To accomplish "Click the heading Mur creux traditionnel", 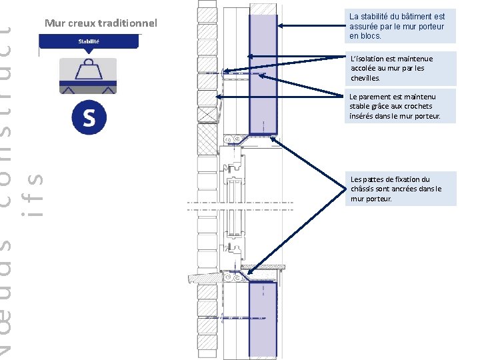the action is [101, 23].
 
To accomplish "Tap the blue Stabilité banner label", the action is [89, 41].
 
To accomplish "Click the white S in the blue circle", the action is [89, 118].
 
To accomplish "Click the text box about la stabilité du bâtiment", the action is [397, 26].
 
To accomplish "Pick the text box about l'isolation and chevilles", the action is [401, 68].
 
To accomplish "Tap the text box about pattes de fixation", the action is [402, 189].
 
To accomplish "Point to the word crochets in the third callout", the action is [418, 106].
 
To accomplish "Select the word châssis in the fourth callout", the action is [364, 189].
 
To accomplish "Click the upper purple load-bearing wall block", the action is [263, 73].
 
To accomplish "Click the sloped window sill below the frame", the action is [207, 277].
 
